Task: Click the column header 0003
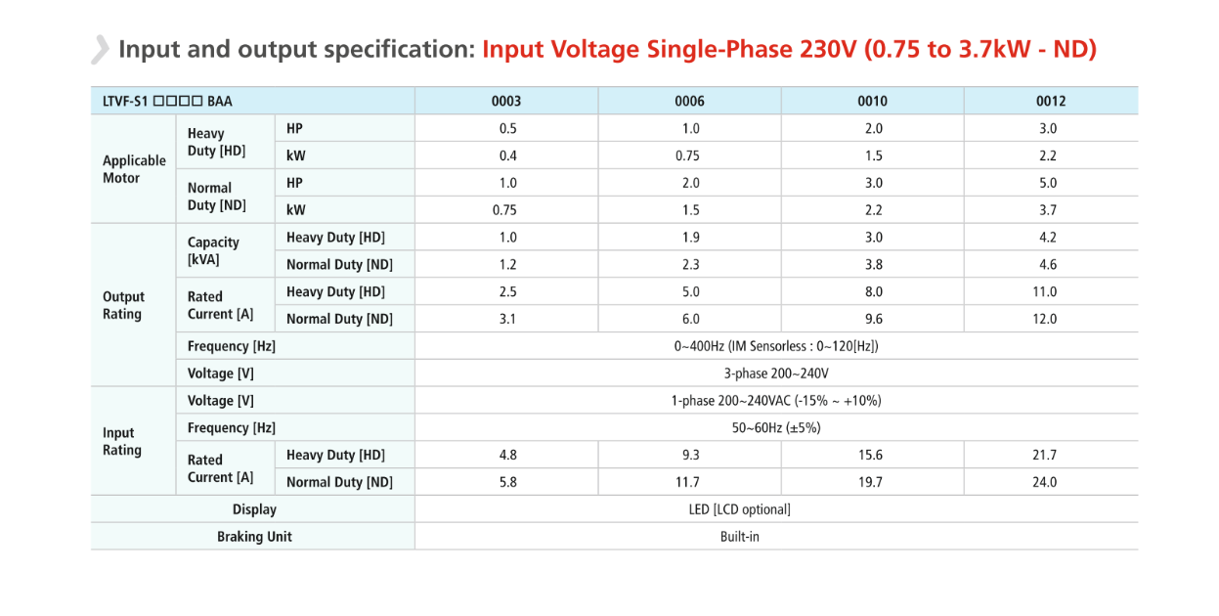pyautogui.click(x=506, y=101)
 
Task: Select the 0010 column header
pyautogui.click(x=873, y=101)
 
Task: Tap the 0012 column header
pyautogui.click(x=1050, y=101)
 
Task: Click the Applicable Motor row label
pyautogui.click(x=134, y=169)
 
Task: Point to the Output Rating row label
pyautogui.click(x=123, y=305)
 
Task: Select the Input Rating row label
pyautogui.click(x=122, y=441)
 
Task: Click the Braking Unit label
pyautogui.click(x=254, y=536)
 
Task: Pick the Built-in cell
pyautogui.click(x=739, y=536)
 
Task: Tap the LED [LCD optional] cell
pyautogui.click(x=739, y=509)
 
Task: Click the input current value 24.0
pyautogui.click(x=1044, y=482)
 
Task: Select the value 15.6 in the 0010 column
pyautogui.click(x=870, y=455)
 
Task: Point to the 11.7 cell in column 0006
pyautogui.click(x=688, y=482)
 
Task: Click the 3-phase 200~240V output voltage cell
pyautogui.click(x=776, y=374)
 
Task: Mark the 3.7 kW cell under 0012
pyautogui.click(x=1044, y=210)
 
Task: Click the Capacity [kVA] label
pyautogui.click(x=213, y=250)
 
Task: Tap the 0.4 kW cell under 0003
pyautogui.click(x=506, y=155)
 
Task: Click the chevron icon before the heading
pyautogui.click(x=100, y=49)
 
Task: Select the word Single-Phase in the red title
pyautogui.click(x=709, y=49)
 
